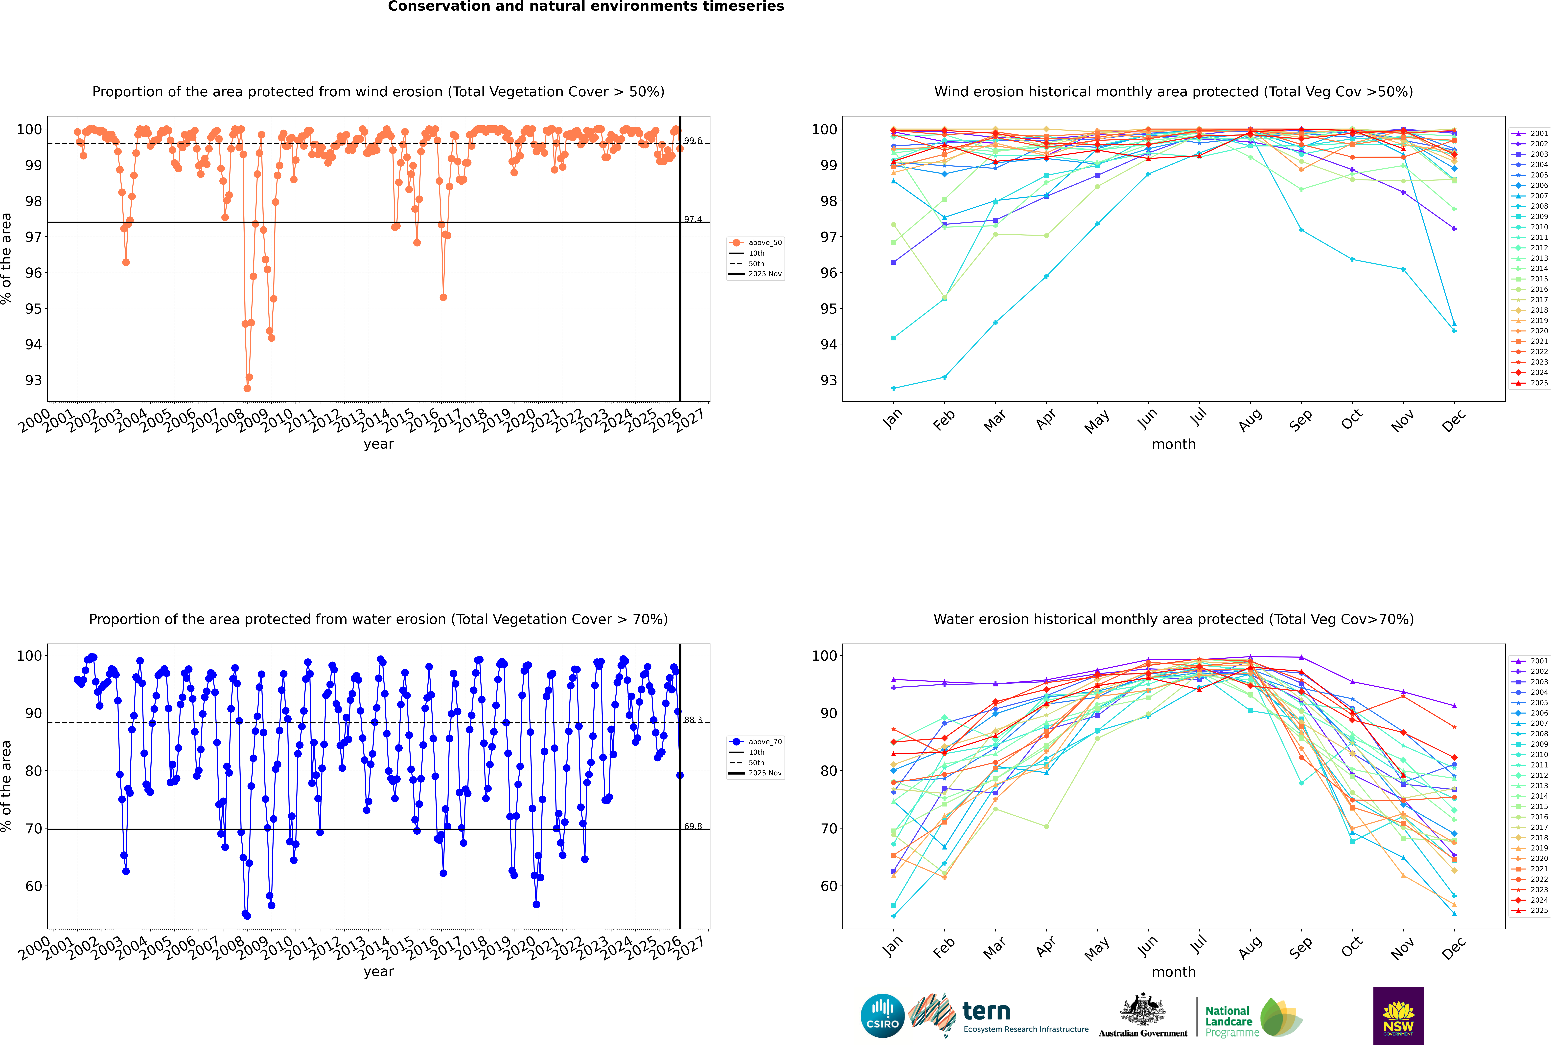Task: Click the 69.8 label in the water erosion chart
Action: tap(692, 826)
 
